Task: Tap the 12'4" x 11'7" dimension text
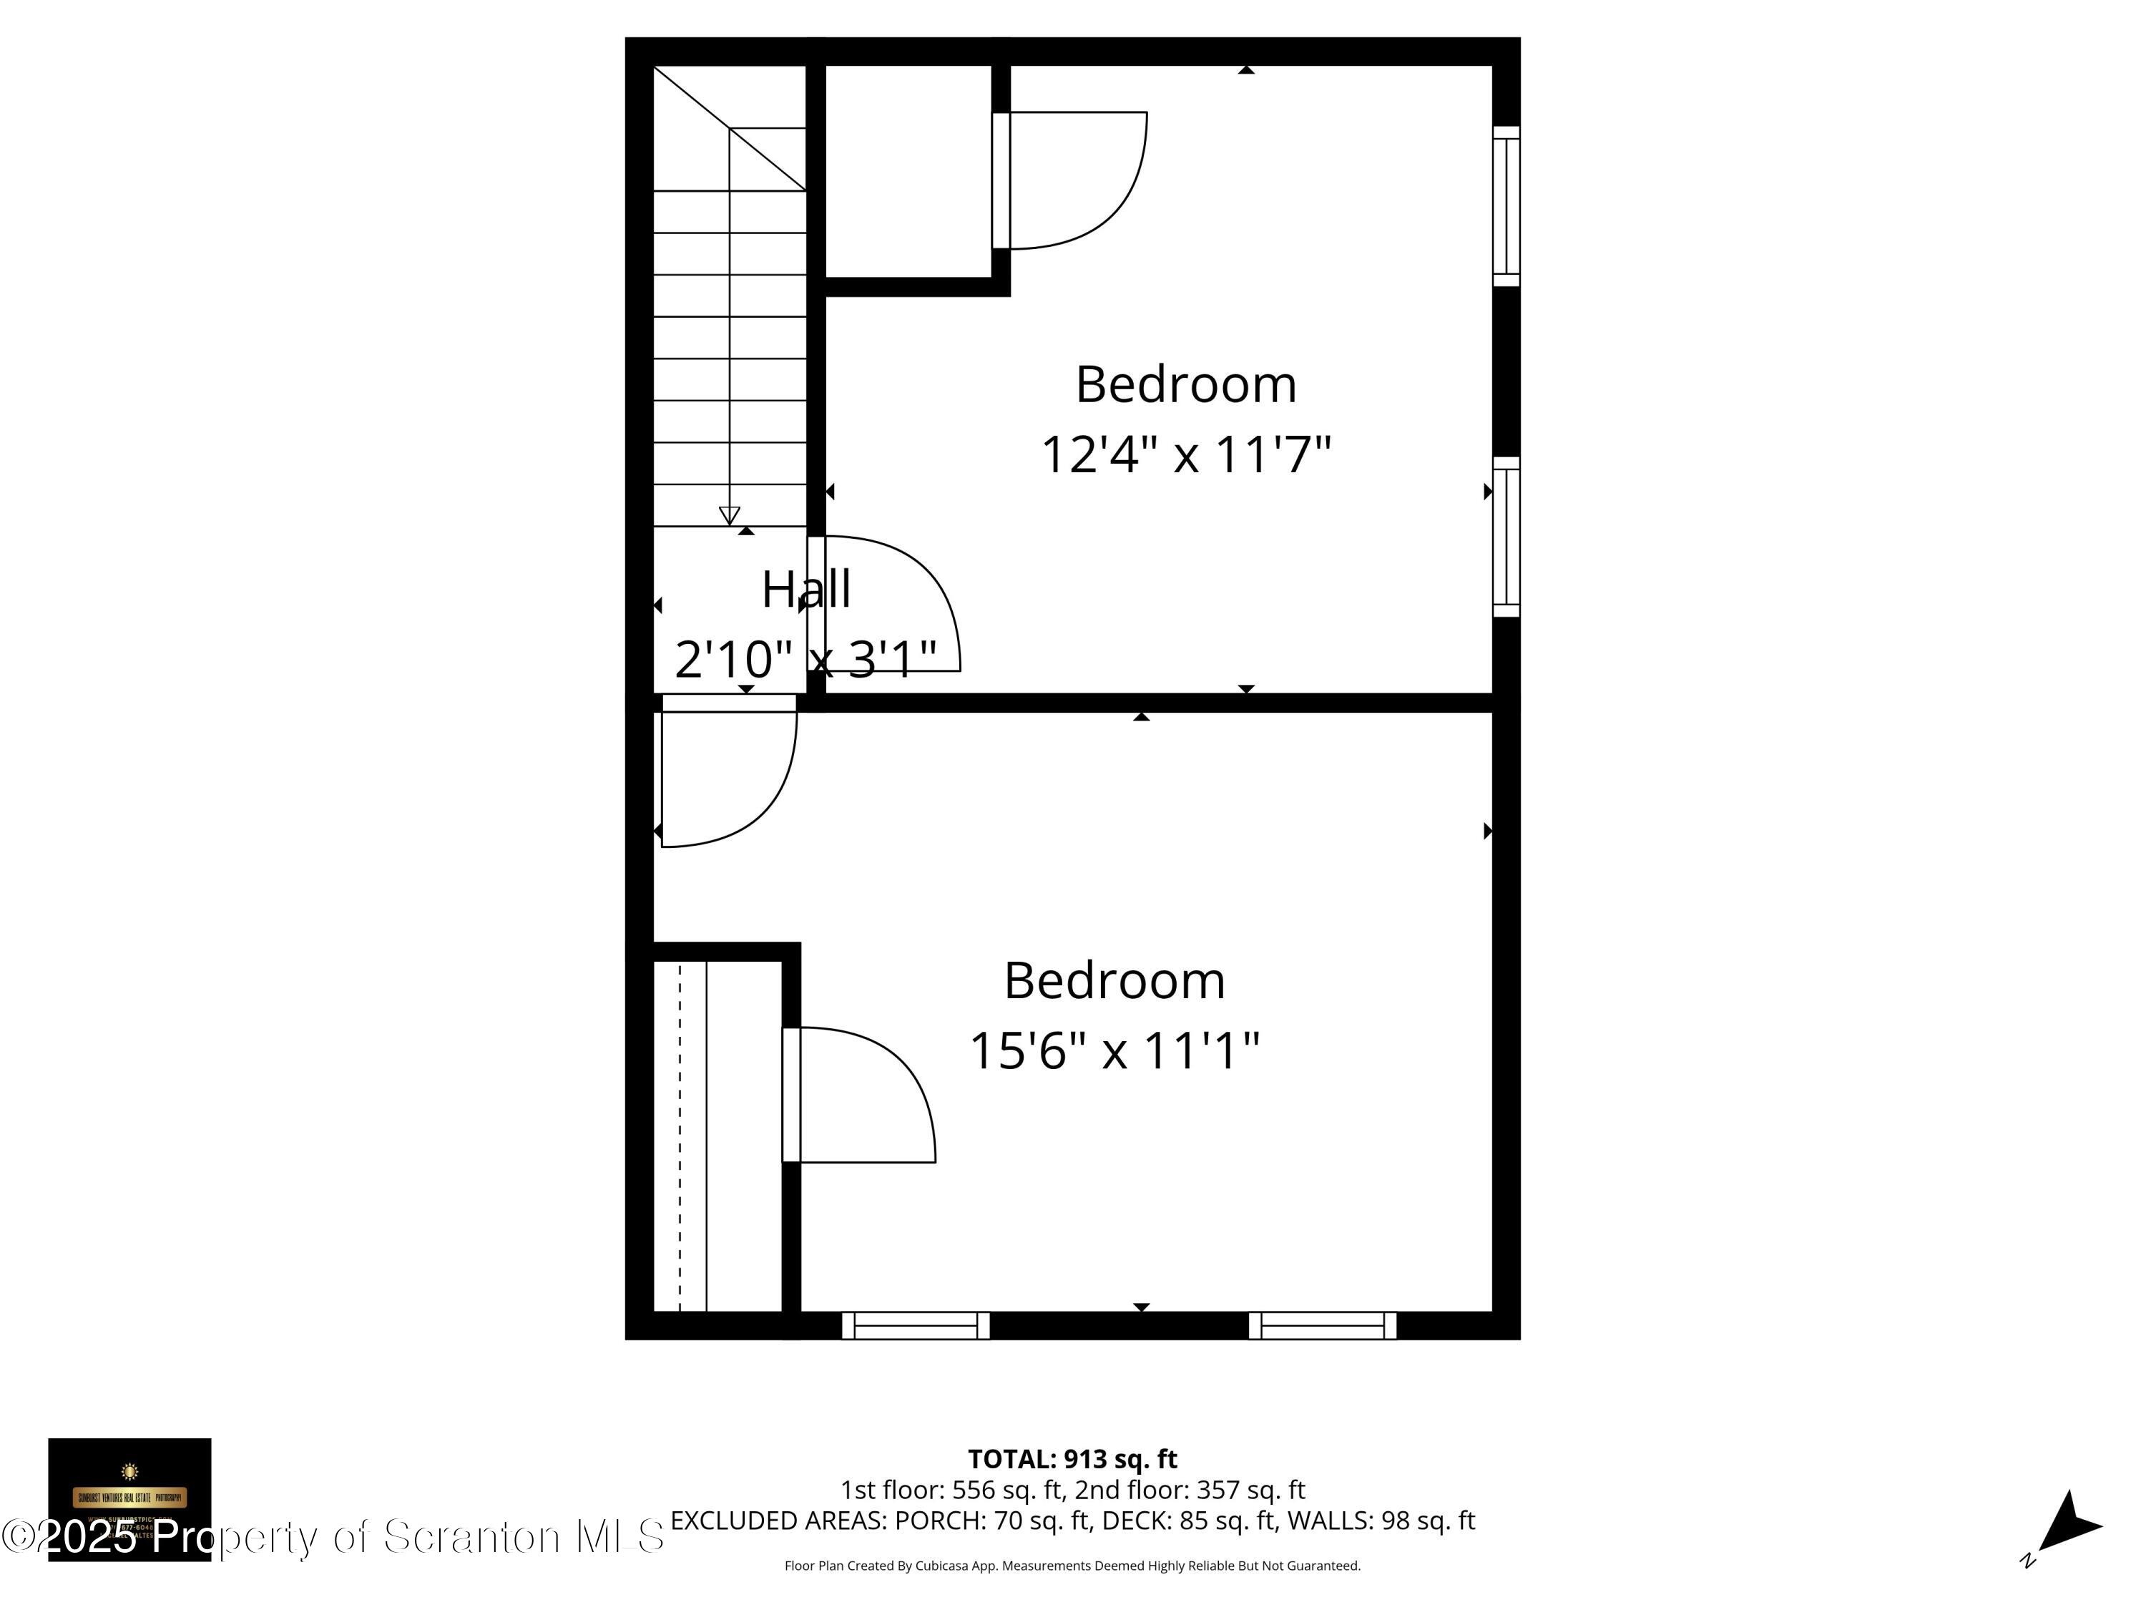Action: point(1185,454)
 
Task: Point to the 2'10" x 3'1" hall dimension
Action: point(805,660)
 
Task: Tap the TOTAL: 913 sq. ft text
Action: point(1072,1458)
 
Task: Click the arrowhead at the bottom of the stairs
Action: point(730,515)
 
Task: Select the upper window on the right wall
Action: point(1506,206)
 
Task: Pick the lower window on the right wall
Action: point(1506,537)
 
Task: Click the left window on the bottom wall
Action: point(915,1326)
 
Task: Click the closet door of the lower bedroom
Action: point(792,1095)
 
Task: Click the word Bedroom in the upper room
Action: point(1185,384)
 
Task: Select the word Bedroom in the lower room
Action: point(1114,980)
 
